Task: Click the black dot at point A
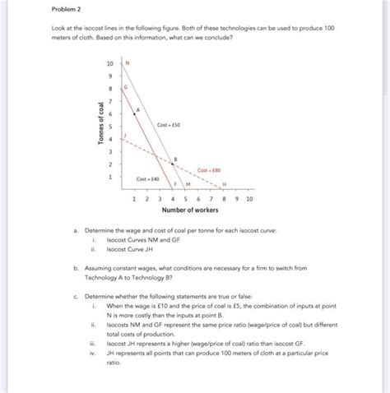[x=134, y=114]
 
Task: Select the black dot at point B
[x=172, y=164]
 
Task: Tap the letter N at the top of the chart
[x=128, y=63]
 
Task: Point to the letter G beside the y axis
[x=126, y=87]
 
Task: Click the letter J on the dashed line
[x=126, y=135]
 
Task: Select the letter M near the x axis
[x=188, y=183]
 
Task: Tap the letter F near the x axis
[x=174, y=183]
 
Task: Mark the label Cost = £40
[x=147, y=178]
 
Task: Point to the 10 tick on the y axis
[x=111, y=63]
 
